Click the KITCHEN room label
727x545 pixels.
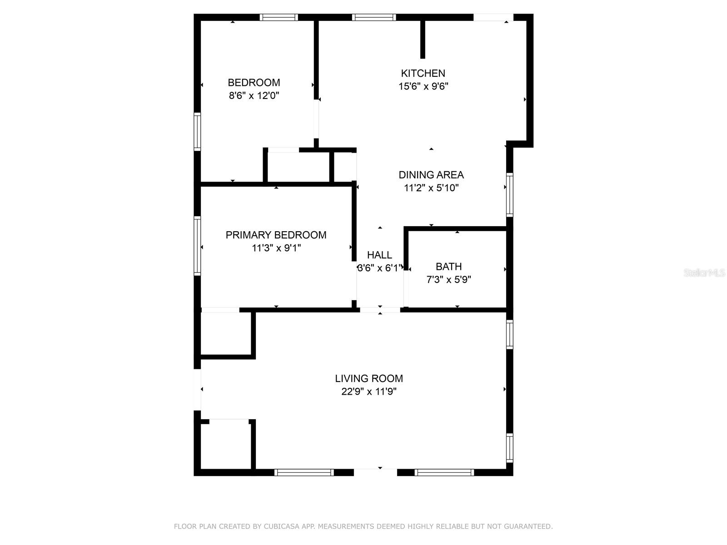pos(423,73)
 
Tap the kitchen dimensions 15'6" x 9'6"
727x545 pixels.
pos(423,86)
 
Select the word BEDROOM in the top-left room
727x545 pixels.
pos(254,82)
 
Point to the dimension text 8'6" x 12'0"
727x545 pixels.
pos(254,96)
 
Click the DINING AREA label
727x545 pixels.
pos(431,175)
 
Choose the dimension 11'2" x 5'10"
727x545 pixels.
pos(431,188)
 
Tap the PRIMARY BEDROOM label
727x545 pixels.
pos(276,235)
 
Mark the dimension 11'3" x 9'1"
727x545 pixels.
pos(276,248)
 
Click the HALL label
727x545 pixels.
pos(379,255)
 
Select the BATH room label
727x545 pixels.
pos(449,267)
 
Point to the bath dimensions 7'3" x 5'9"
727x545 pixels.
pos(449,280)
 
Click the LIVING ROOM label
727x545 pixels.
pos(369,378)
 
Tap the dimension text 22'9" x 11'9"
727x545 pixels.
pos(369,391)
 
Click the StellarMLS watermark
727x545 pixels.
pos(704,272)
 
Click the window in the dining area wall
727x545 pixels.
pos(510,194)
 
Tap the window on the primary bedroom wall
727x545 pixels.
pos(197,246)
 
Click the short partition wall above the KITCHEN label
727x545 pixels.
pos(423,40)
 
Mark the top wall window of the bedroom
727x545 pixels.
pos(279,17)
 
